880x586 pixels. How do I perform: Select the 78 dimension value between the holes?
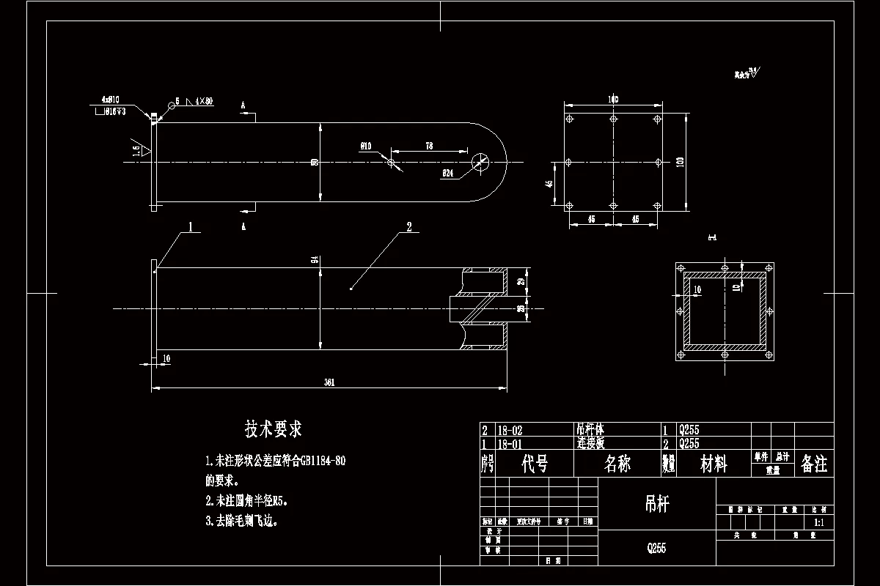429,146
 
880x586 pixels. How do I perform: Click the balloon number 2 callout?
408,226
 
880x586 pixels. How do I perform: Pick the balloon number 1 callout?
191,226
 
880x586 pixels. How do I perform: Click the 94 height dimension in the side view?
315,260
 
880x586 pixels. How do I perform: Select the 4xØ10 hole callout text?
111,99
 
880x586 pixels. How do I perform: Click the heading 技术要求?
274,429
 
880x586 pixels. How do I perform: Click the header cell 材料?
714,464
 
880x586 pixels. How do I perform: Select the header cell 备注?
814,464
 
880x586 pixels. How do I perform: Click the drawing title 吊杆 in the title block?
656,502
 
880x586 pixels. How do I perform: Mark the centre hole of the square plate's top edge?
613,118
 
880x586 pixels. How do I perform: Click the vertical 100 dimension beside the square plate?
680,161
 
